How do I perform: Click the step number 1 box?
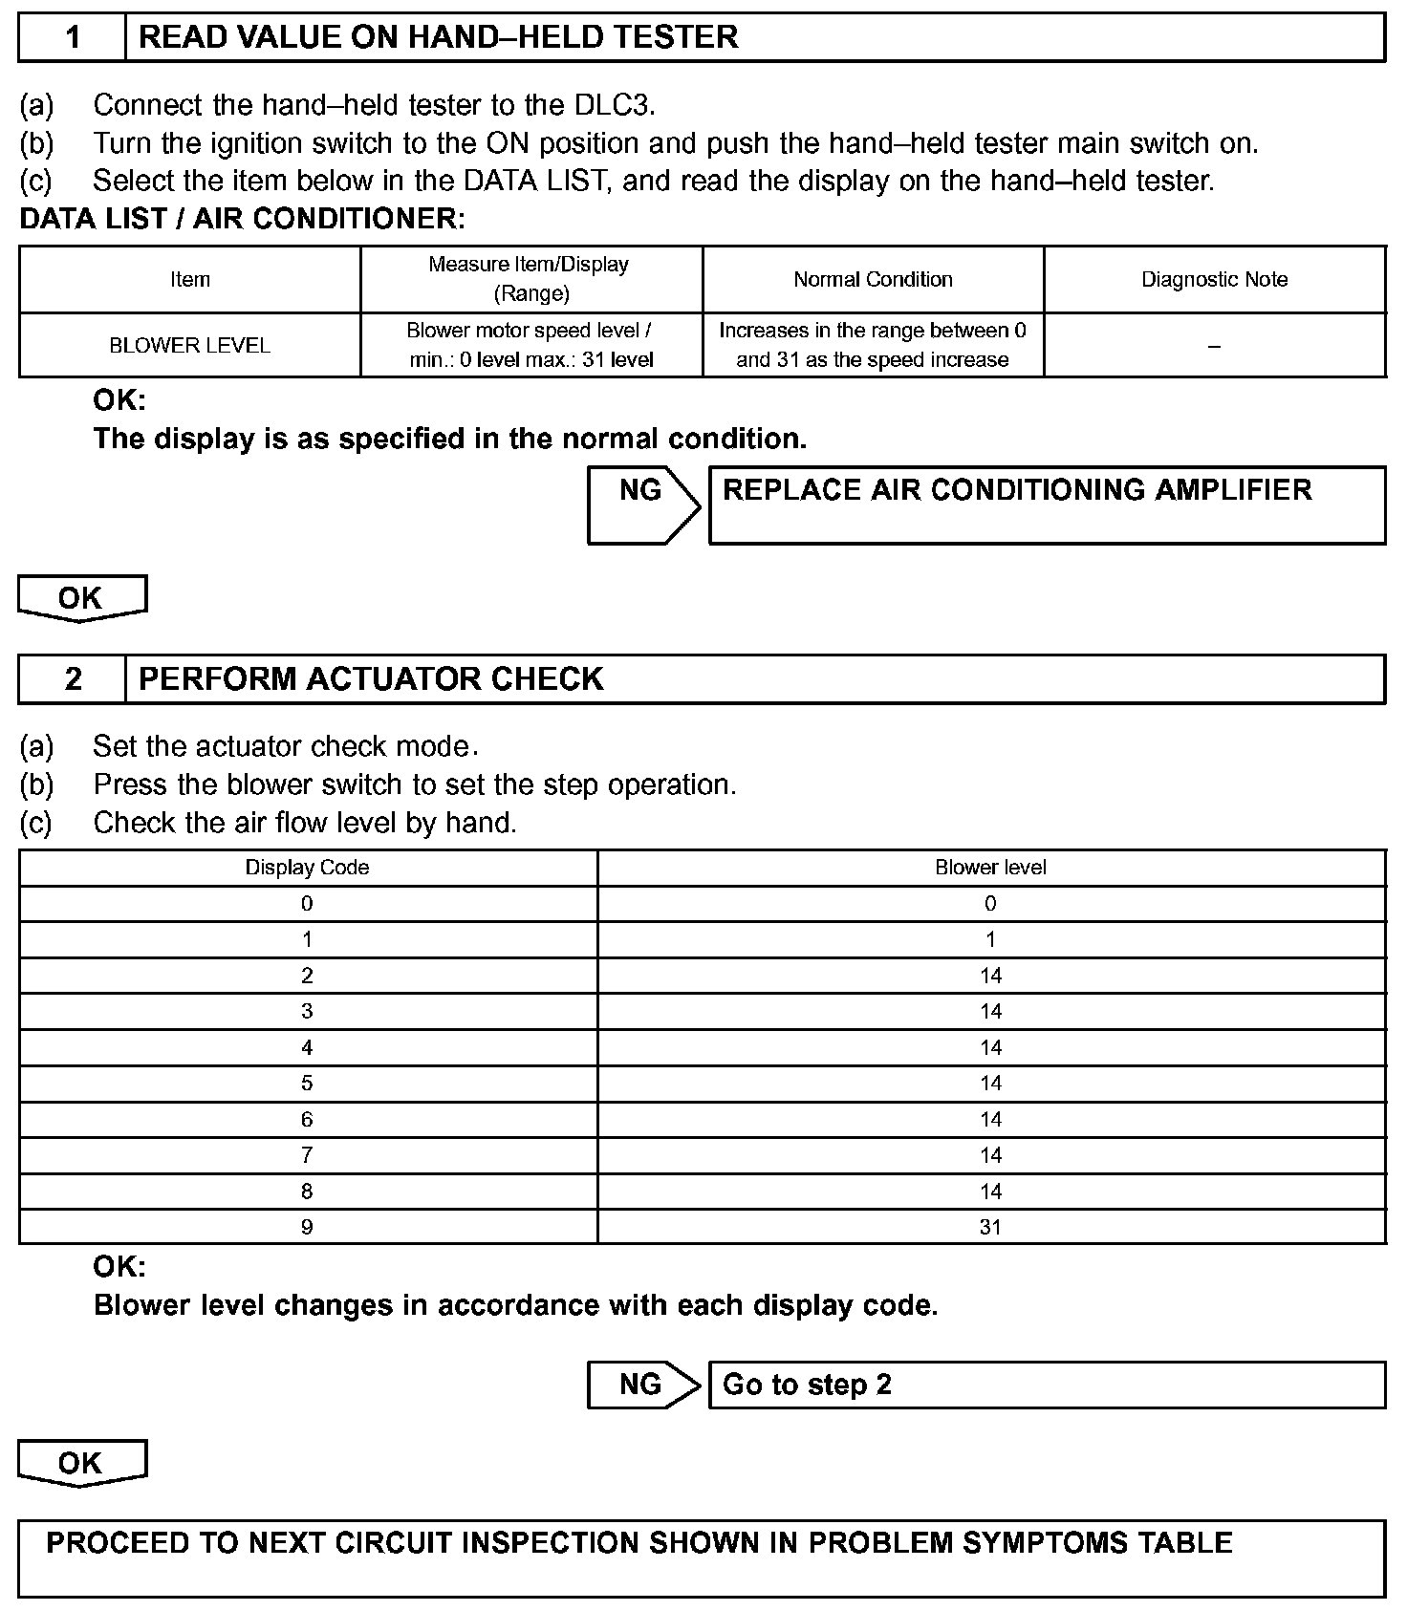coord(73,37)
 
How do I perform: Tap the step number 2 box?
coord(73,679)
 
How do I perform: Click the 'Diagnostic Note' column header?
coord(1214,279)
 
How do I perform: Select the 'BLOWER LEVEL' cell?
coord(189,345)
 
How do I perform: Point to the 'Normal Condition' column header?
coord(873,279)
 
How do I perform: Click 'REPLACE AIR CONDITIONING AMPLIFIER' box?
coord(1047,505)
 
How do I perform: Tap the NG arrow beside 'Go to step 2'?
coord(642,1385)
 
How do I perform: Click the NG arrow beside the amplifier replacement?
coord(642,504)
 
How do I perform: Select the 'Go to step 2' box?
coord(1047,1385)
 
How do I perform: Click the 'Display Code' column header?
coord(307,868)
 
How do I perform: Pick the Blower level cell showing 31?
coord(990,1227)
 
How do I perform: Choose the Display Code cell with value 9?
coord(307,1227)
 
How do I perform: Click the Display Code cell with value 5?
coord(307,1084)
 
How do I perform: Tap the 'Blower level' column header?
coord(990,868)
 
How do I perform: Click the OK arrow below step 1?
coord(81,598)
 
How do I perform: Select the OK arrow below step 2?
coord(81,1464)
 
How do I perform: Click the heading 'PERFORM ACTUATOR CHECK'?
coord(371,679)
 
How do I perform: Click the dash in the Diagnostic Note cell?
coord(1214,345)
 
